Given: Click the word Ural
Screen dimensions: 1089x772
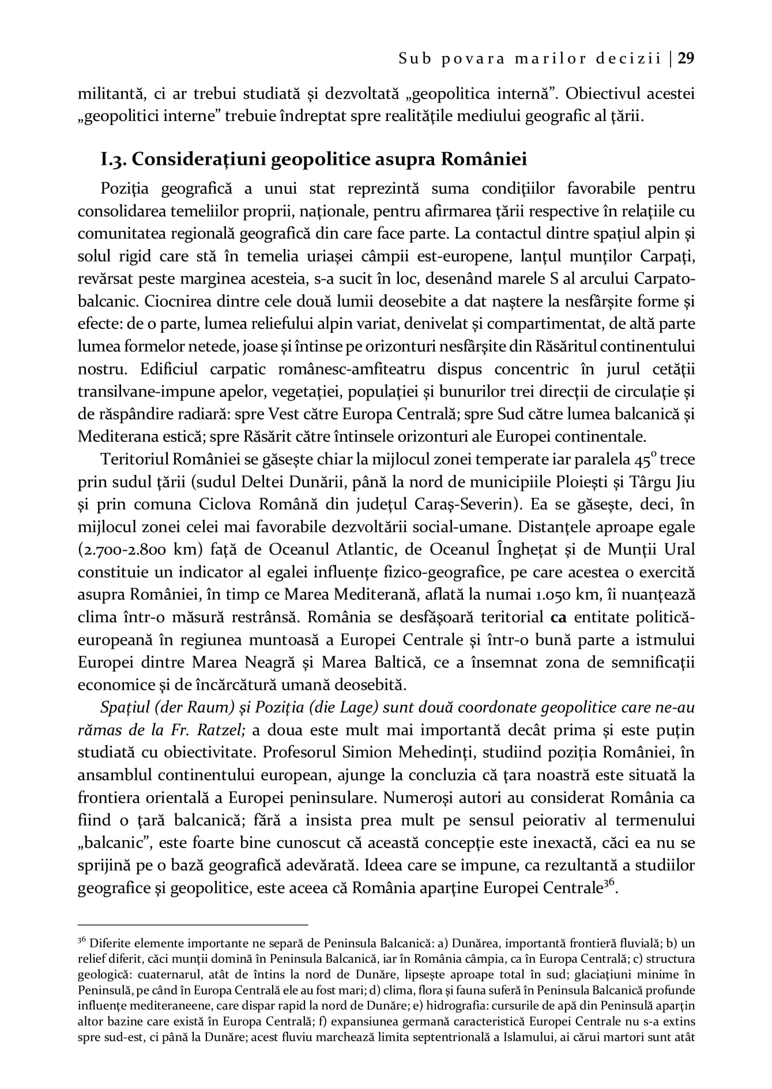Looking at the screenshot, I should coord(680,549).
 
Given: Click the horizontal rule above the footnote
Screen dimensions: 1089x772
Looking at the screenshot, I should coord(193,924).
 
